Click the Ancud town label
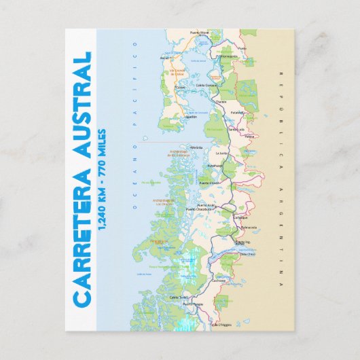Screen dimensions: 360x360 [164, 58]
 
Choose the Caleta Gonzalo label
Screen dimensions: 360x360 [206, 85]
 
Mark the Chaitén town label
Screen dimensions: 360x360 [221, 102]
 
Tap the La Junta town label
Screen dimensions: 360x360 [221, 154]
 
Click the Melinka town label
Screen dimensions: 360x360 [197, 147]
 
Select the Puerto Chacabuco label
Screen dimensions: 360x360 [209, 209]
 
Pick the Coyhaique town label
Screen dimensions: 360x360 [240, 217]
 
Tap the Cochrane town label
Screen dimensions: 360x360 [219, 280]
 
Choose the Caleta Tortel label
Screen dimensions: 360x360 [179, 297]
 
